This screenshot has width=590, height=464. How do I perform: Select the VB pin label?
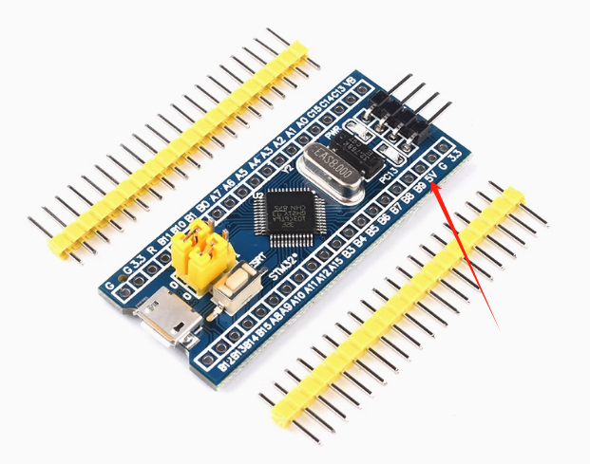(x=351, y=84)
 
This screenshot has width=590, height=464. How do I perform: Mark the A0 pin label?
(x=302, y=121)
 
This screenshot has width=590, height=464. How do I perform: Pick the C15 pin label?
(x=316, y=111)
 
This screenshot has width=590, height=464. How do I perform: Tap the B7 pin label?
(x=393, y=209)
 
